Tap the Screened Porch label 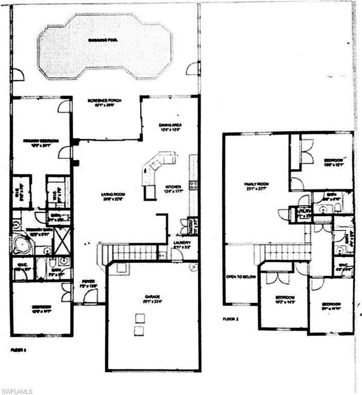pos(105,100)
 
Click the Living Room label pos(114,194)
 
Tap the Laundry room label pos(182,243)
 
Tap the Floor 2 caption pos(231,319)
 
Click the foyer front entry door pos(91,297)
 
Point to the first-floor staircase pos(131,253)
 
